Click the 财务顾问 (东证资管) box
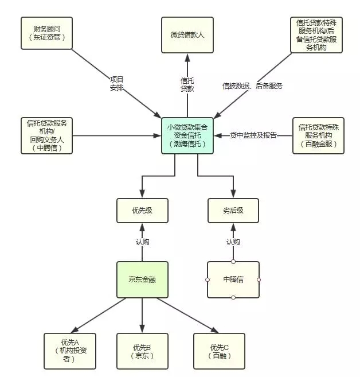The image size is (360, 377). (46, 33)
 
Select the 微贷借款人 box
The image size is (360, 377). (187, 35)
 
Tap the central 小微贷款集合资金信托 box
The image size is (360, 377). (187, 135)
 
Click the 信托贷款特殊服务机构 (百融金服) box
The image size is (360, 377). (318, 135)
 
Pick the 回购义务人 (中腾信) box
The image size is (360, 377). (46, 135)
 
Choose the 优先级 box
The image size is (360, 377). (142, 211)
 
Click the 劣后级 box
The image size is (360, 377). (233, 211)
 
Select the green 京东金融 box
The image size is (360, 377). (142, 279)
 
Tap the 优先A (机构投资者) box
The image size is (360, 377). (70, 351)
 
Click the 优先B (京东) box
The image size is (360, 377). (142, 351)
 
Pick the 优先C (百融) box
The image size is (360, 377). (219, 351)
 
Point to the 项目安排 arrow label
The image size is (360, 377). (117, 83)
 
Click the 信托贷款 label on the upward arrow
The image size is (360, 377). (187, 84)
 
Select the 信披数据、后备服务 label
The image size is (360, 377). (252, 86)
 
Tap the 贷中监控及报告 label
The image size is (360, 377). (253, 135)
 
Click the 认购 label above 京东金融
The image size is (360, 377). (142, 242)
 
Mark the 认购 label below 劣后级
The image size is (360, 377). (233, 242)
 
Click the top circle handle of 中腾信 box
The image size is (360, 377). (233, 262)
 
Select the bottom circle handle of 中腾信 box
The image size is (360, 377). (233, 298)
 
